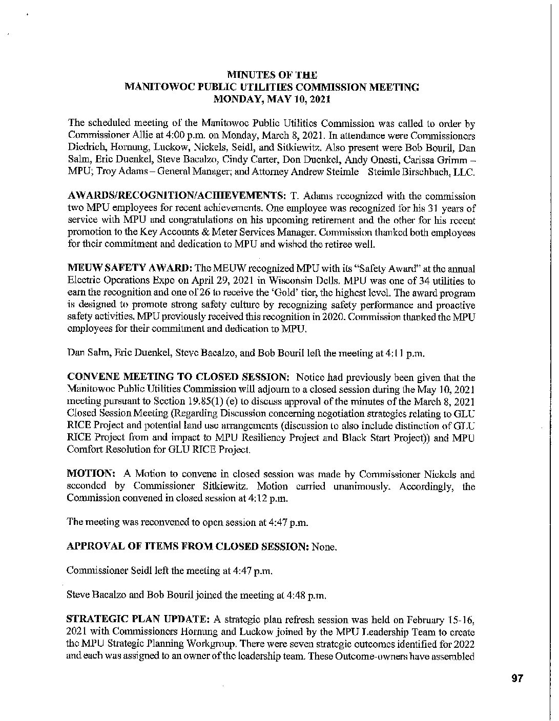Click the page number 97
coord(516,678)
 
